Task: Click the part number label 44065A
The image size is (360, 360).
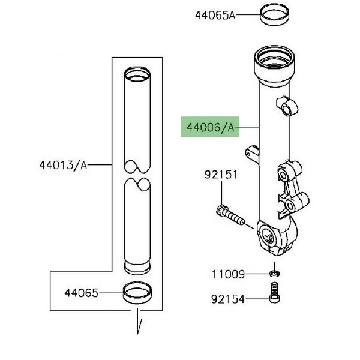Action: (215, 16)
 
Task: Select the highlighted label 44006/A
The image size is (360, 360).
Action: (210, 127)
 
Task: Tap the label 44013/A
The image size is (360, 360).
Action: (64, 165)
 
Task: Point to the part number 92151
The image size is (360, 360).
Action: (221, 175)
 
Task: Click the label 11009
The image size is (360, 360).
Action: (228, 274)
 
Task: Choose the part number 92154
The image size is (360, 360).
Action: (228, 299)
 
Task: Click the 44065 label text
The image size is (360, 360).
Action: (81, 293)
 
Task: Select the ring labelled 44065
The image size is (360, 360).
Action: (137, 293)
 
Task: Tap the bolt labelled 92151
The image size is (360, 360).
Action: (230, 215)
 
